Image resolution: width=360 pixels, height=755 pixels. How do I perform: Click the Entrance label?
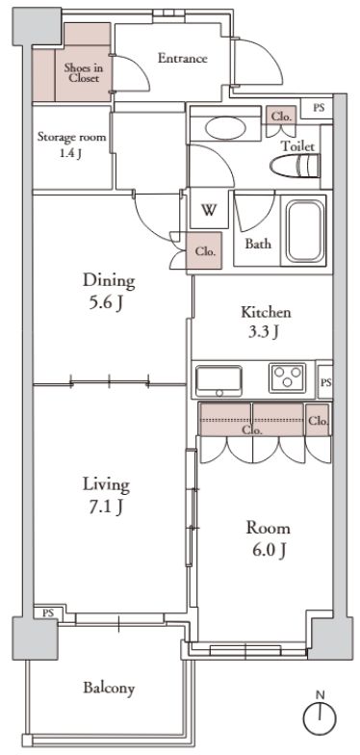[182, 59]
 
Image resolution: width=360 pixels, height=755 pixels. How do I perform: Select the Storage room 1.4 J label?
[72, 144]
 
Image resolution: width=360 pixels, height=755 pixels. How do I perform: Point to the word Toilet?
[297, 145]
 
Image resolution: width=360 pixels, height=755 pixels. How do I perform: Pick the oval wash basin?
[226, 129]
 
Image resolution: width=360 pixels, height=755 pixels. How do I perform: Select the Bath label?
[257, 244]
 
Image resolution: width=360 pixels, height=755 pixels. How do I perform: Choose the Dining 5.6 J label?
[108, 291]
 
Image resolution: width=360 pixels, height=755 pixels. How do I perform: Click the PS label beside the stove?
[325, 382]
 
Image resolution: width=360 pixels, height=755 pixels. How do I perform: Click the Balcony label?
[108, 689]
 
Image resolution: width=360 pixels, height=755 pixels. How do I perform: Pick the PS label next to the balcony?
[46, 612]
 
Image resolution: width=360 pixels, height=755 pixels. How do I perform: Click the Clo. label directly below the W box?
[205, 251]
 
